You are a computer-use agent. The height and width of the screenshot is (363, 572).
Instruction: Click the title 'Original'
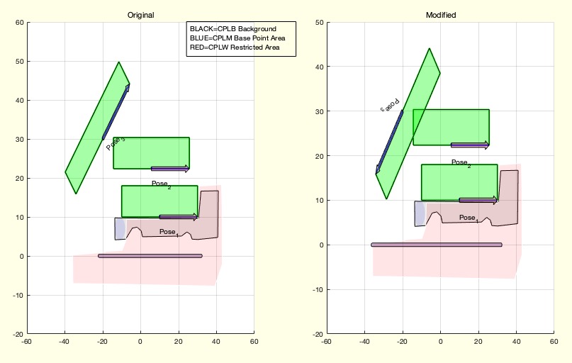coord(140,15)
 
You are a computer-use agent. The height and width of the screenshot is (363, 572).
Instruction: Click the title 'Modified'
coord(440,15)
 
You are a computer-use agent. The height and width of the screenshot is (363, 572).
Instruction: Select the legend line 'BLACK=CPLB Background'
coord(232,28)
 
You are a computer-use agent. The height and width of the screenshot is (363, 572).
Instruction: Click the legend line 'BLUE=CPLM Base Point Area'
coord(237,38)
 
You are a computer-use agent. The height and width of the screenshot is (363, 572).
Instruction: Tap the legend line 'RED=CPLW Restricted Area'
coord(234,48)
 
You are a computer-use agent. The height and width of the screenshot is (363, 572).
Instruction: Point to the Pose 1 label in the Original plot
coord(169,232)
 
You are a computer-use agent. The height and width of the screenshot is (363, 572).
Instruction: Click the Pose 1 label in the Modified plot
coord(468,218)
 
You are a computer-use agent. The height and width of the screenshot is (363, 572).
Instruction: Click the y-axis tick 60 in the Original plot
coord(20,23)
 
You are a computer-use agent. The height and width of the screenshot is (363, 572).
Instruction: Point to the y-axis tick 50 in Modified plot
coord(319,23)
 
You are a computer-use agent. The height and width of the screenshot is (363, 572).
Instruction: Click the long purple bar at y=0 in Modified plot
coord(437,245)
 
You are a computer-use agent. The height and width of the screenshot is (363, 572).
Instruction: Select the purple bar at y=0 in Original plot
coord(150,256)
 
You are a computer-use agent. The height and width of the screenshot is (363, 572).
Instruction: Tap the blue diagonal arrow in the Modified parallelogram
coord(389,142)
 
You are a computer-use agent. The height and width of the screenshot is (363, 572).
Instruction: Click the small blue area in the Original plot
coord(120,228)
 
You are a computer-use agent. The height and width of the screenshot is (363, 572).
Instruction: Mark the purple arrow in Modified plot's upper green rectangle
coord(470,145)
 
